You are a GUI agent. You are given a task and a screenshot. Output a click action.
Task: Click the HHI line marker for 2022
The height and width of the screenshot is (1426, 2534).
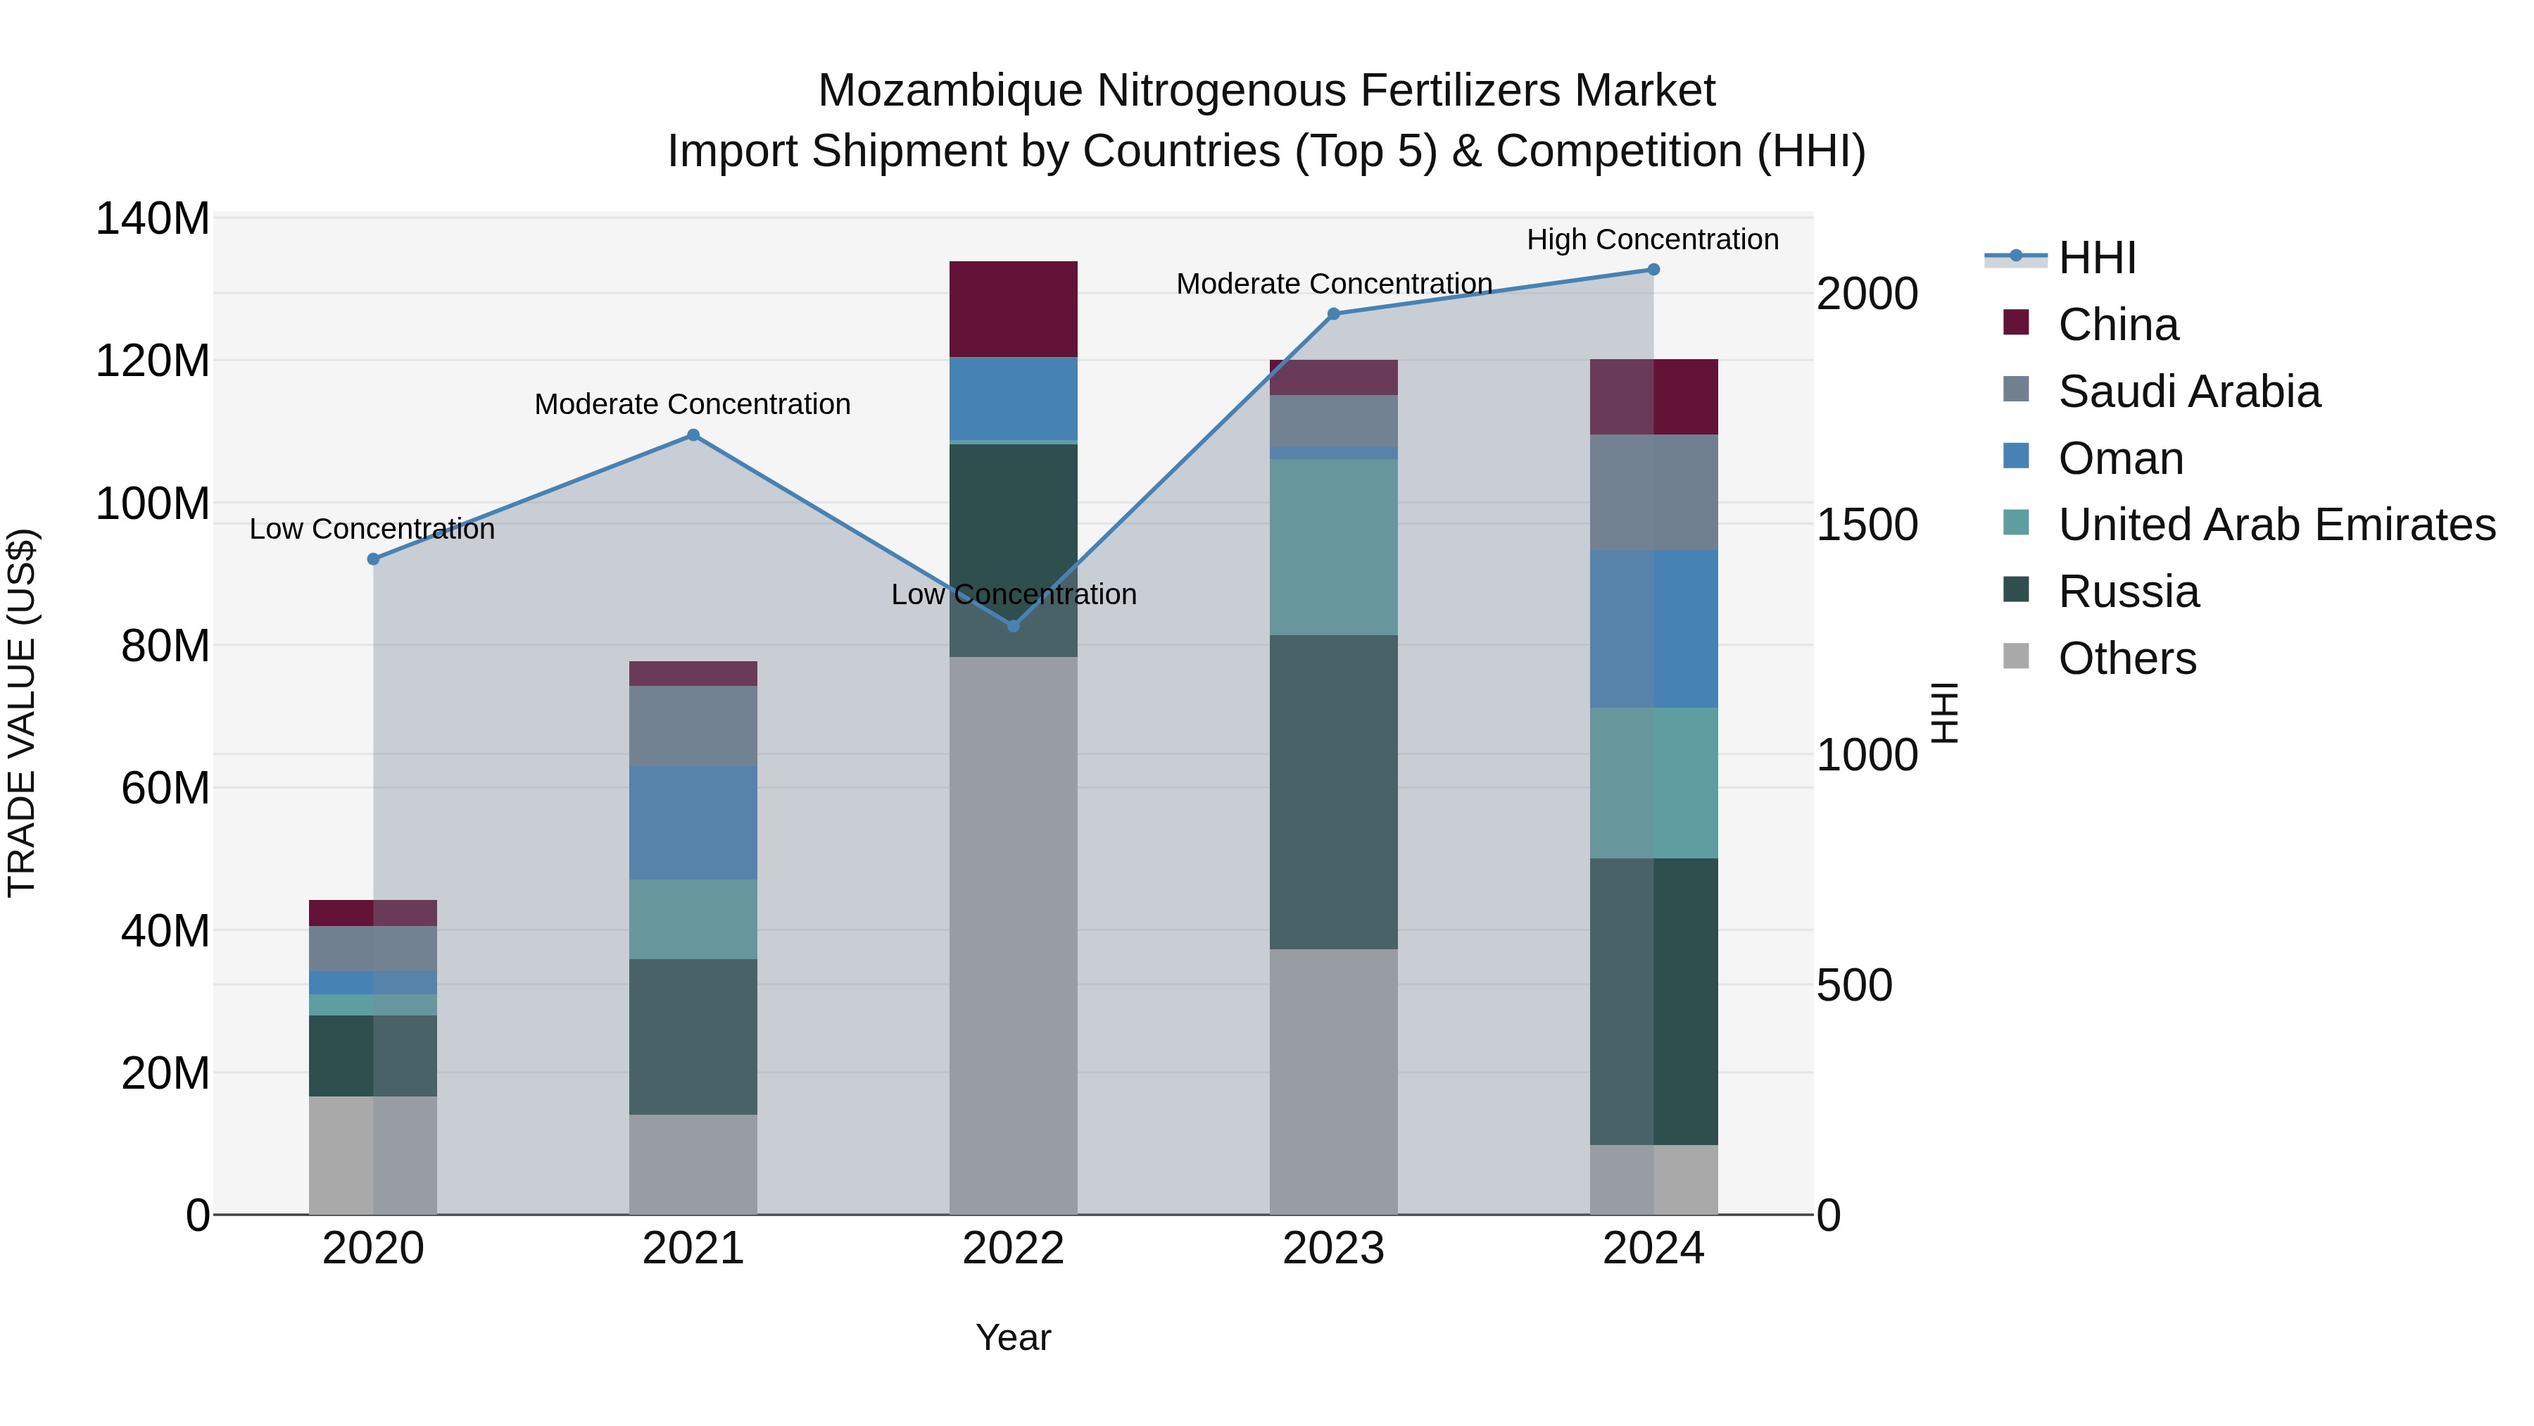1013,626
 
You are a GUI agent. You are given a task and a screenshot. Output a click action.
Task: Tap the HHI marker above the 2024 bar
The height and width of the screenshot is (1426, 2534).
1653,270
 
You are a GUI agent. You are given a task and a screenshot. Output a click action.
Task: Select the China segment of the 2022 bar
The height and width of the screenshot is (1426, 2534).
1013,309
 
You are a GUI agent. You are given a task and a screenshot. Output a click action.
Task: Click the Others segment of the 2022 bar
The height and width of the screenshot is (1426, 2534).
1013,935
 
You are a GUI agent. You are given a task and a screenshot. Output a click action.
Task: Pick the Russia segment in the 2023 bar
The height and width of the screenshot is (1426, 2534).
1333,792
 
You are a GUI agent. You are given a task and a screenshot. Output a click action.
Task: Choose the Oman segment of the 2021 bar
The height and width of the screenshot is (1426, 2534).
693,823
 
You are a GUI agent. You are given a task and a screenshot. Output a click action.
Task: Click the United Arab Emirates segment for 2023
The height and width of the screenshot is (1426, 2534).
1333,547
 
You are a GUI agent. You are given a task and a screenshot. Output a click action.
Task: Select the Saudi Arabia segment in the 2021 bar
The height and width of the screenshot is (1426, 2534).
693,726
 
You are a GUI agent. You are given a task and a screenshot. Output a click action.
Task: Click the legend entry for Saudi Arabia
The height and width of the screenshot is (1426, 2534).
2188,392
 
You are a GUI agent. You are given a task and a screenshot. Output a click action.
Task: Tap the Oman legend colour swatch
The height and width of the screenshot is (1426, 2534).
2016,456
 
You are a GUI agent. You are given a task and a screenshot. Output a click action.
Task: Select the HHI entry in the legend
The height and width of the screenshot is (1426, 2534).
2096,258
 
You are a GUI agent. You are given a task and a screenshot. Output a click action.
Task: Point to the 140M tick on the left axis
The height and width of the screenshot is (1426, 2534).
153,218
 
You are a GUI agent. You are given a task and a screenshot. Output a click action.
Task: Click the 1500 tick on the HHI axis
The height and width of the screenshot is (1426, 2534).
1866,525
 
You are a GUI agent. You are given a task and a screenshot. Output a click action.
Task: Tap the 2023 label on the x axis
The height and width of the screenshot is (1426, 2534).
1333,1249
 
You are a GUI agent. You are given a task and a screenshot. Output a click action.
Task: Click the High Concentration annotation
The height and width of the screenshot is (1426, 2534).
1653,239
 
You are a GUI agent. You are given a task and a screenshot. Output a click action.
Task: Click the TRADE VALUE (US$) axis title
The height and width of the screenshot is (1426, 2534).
22,713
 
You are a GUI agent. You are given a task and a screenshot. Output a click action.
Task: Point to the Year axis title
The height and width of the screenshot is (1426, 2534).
1013,1337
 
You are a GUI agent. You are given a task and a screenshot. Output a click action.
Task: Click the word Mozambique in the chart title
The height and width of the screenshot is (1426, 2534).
950,91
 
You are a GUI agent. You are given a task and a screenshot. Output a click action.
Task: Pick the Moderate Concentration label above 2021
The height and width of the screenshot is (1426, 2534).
693,404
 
